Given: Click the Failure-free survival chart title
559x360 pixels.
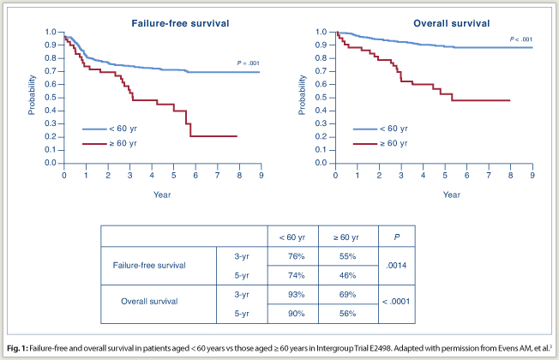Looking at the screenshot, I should [x=162, y=20].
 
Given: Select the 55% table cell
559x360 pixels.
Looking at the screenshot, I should [x=348, y=255].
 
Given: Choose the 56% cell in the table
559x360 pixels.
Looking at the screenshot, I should [x=348, y=314].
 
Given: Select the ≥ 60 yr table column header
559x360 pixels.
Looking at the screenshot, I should [x=348, y=236].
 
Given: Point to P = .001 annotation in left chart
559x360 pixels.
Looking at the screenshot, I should [x=248, y=63].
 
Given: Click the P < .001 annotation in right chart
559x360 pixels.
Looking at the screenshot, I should [x=520, y=39].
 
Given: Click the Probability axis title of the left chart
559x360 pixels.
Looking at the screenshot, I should [x=32, y=96].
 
